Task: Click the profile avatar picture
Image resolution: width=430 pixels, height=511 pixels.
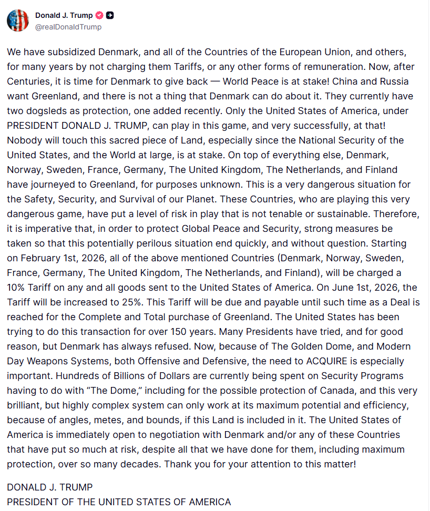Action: [17, 20]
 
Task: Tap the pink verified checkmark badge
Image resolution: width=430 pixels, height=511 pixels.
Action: [99, 15]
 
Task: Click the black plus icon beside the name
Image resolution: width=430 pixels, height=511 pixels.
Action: [110, 15]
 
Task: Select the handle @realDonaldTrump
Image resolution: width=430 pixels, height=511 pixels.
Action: [68, 27]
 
